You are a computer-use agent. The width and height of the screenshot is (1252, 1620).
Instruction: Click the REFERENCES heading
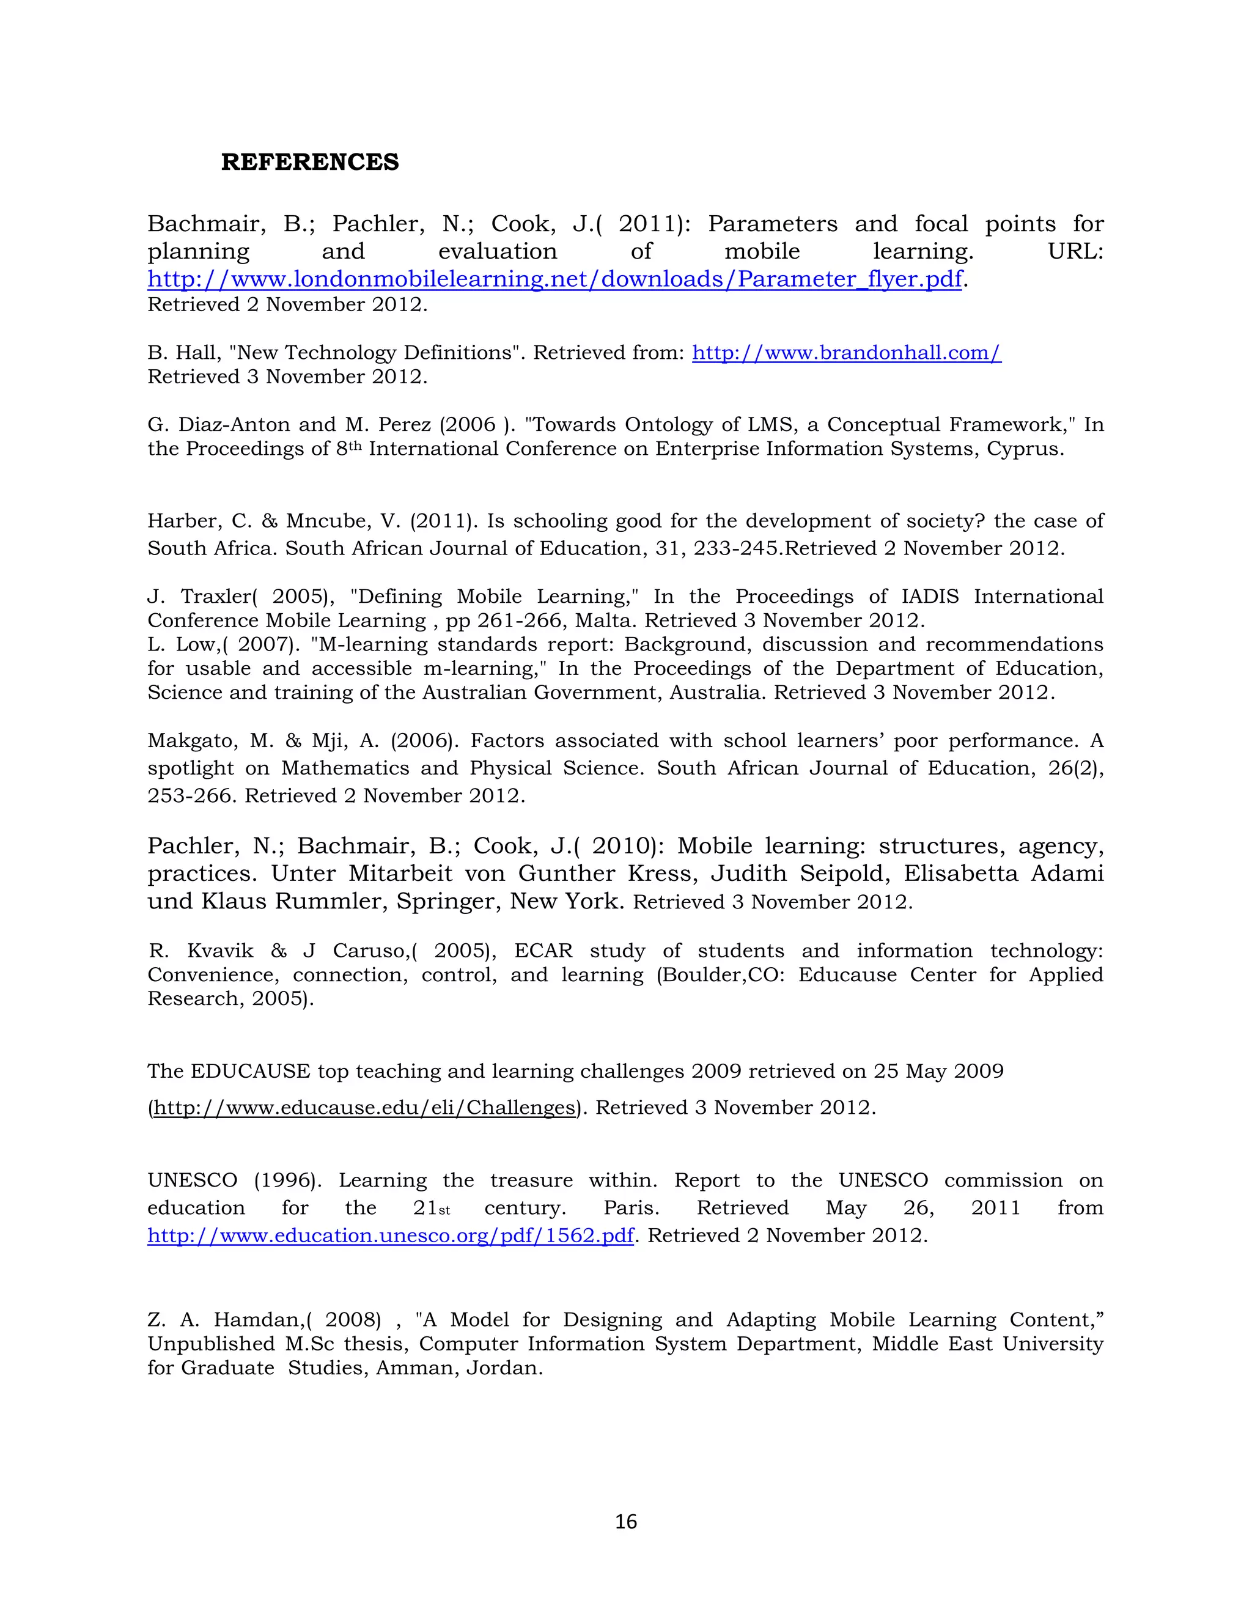pos(309,162)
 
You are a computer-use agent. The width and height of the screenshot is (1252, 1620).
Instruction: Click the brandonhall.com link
pos(846,353)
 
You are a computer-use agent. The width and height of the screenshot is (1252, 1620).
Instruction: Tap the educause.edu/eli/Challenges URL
pos(364,1108)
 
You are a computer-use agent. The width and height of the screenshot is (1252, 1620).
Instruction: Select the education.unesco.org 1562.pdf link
pos(390,1235)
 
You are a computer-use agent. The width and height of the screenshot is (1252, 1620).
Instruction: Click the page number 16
pos(625,1522)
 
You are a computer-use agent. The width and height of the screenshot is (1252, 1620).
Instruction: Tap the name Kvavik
pos(219,951)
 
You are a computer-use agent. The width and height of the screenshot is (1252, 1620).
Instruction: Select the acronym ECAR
pos(543,951)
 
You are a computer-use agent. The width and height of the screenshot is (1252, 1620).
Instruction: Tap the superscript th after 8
pos(355,445)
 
